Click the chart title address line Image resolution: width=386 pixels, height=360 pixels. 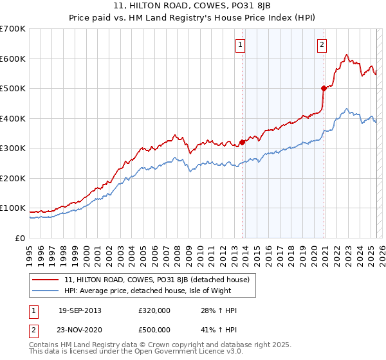192,6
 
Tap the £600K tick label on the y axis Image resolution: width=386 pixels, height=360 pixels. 13,59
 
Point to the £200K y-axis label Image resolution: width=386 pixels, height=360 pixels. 13,178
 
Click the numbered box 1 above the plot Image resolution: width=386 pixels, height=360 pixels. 240,44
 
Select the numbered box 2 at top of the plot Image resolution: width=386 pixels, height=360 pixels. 321,44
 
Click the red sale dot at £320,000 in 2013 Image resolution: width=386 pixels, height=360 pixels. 243,143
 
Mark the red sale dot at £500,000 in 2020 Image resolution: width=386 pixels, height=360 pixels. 324,89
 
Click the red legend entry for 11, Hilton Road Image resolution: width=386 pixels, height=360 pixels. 161,280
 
